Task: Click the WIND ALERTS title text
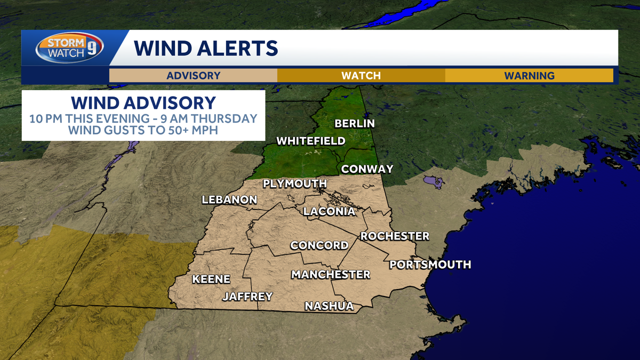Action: click(x=206, y=48)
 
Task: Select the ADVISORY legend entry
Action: click(x=193, y=75)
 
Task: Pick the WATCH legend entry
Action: click(x=361, y=75)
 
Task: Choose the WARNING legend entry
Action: click(x=529, y=75)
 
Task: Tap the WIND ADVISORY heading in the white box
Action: click(x=143, y=102)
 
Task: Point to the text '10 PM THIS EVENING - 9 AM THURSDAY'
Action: click(x=143, y=118)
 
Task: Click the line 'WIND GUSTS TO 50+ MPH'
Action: click(x=143, y=130)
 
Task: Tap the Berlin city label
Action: click(x=355, y=124)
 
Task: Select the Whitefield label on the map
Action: click(x=310, y=141)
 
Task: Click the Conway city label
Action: click(x=367, y=169)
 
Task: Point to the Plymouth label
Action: click(x=294, y=184)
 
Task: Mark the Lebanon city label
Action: click(x=229, y=200)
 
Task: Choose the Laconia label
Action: click(x=329, y=212)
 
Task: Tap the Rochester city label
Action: click(x=395, y=236)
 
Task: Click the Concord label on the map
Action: click(x=319, y=245)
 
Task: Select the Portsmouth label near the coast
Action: click(x=430, y=265)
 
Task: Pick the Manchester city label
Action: click(x=330, y=275)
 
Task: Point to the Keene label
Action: click(x=211, y=279)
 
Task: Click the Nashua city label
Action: click(x=329, y=306)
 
